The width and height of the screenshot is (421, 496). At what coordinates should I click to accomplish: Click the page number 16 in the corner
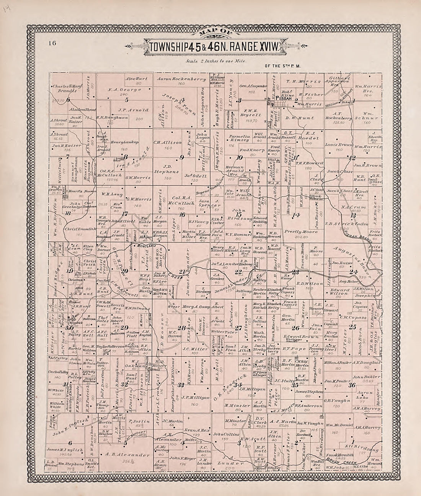(52, 43)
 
